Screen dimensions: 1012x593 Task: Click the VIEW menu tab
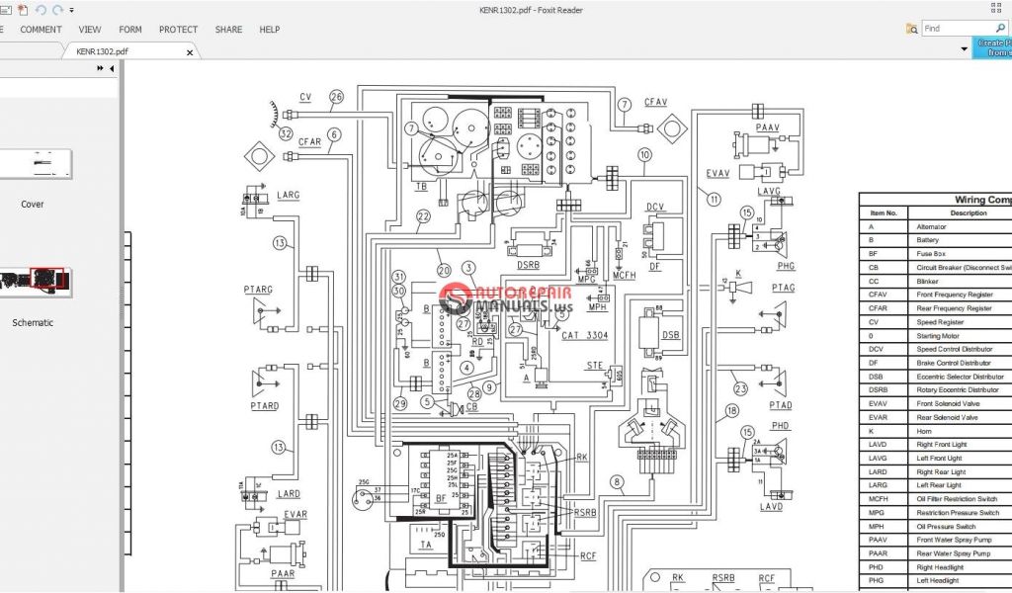pos(90,30)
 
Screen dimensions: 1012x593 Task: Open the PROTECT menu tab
pos(178,30)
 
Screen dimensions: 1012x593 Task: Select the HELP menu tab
pos(269,30)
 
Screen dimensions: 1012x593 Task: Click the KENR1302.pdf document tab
pos(102,50)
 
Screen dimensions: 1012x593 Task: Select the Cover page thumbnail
pos(36,164)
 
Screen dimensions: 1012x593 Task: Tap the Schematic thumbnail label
pos(33,322)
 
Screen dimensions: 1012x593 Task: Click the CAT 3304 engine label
pos(586,335)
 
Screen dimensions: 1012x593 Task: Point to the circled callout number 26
pos(336,97)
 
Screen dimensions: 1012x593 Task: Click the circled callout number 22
pos(423,216)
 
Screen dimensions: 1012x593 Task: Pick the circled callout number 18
pos(731,410)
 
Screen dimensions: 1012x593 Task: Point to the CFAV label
pos(656,102)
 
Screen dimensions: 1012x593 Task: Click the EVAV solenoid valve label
pos(717,173)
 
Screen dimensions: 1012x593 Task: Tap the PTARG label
pos(259,289)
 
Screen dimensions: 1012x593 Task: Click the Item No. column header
pos(883,212)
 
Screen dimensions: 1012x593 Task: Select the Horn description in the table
pos(925,431)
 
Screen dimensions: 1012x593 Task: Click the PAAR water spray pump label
pos(283,573)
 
